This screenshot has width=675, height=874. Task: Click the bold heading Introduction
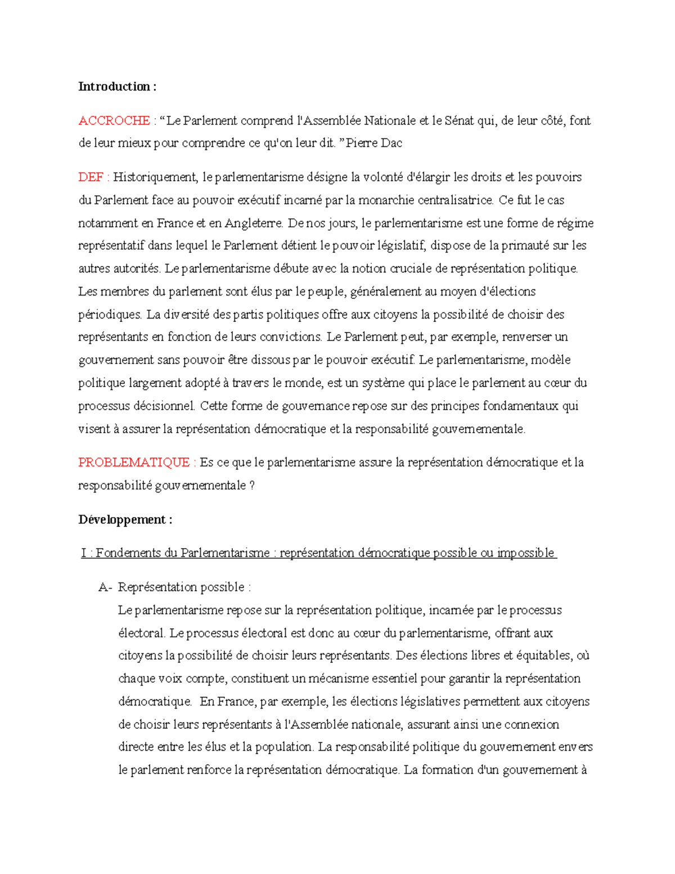point(114,87)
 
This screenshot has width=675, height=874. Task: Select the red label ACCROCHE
point(114,121)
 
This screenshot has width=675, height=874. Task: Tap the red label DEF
point(91,177)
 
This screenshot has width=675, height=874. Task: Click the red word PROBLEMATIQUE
point(134,463)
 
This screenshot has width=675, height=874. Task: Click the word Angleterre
point(253,223)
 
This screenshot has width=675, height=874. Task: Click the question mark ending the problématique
point(251,486)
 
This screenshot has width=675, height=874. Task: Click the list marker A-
point(105,588)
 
